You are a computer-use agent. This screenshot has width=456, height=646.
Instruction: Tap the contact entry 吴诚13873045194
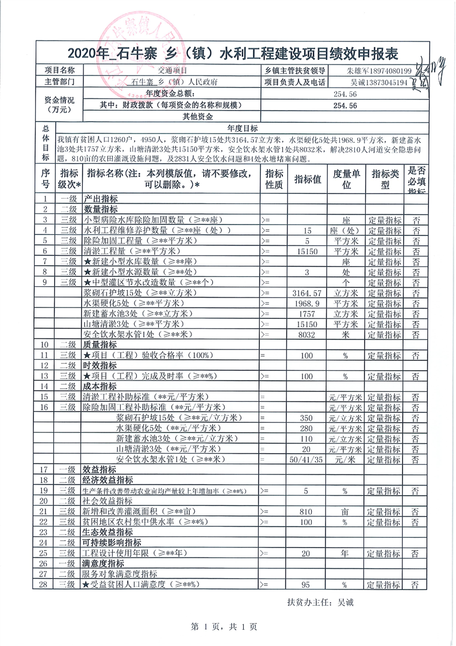click(379, 83)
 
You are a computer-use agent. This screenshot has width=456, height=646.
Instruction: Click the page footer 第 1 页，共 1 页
click(228, 625)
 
